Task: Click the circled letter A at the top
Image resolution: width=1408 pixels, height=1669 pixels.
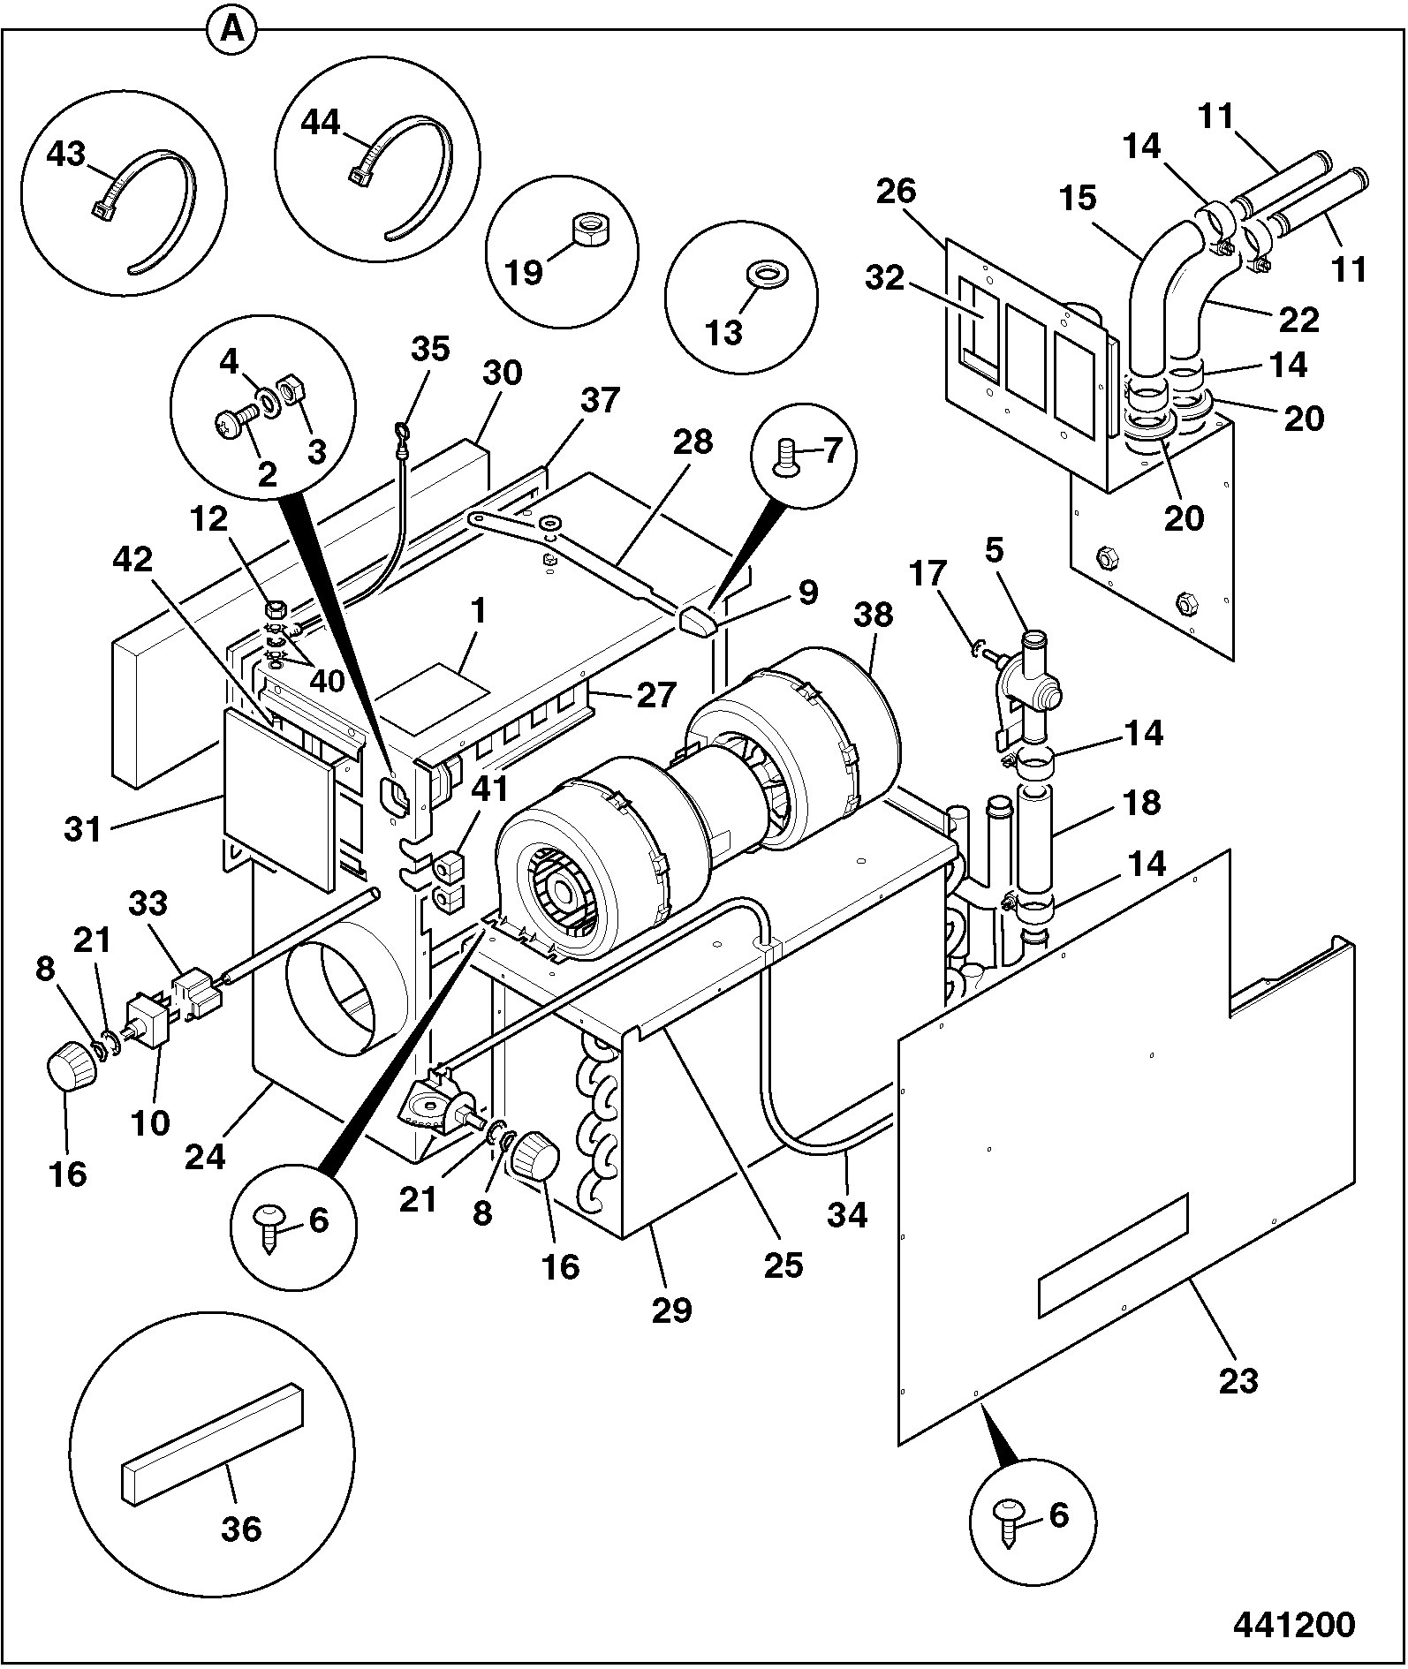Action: tap(231, 31)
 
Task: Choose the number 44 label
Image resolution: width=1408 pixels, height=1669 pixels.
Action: tap(321, 123)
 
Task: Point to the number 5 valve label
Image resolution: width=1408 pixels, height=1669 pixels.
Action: tap(994, 551)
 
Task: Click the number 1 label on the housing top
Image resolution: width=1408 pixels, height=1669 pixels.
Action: tap(478, 612)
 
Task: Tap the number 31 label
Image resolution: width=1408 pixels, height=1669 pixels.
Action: tap(84, 830)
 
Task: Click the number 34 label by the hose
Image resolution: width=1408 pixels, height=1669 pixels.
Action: tap(848, 1215)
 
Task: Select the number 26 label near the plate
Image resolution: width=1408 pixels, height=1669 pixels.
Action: tap(897, 192)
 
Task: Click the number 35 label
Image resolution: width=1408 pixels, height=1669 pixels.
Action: tap(430, 349)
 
